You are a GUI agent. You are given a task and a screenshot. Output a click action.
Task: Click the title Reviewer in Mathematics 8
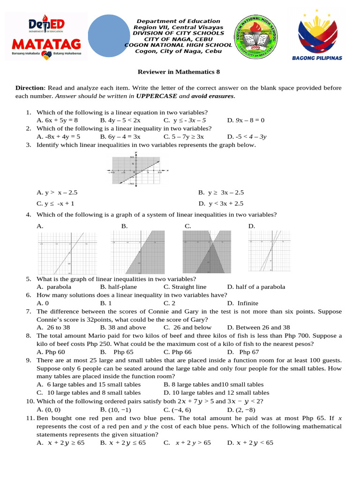[178, 72]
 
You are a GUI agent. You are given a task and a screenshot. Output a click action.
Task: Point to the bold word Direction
[30, 88]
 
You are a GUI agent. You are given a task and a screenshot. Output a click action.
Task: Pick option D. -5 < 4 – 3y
[247, 136]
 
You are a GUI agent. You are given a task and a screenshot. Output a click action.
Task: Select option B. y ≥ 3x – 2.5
[221, 193]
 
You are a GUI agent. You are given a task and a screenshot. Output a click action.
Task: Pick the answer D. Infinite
[242, 303]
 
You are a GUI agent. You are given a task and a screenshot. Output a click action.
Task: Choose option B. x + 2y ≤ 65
[123, 442]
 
